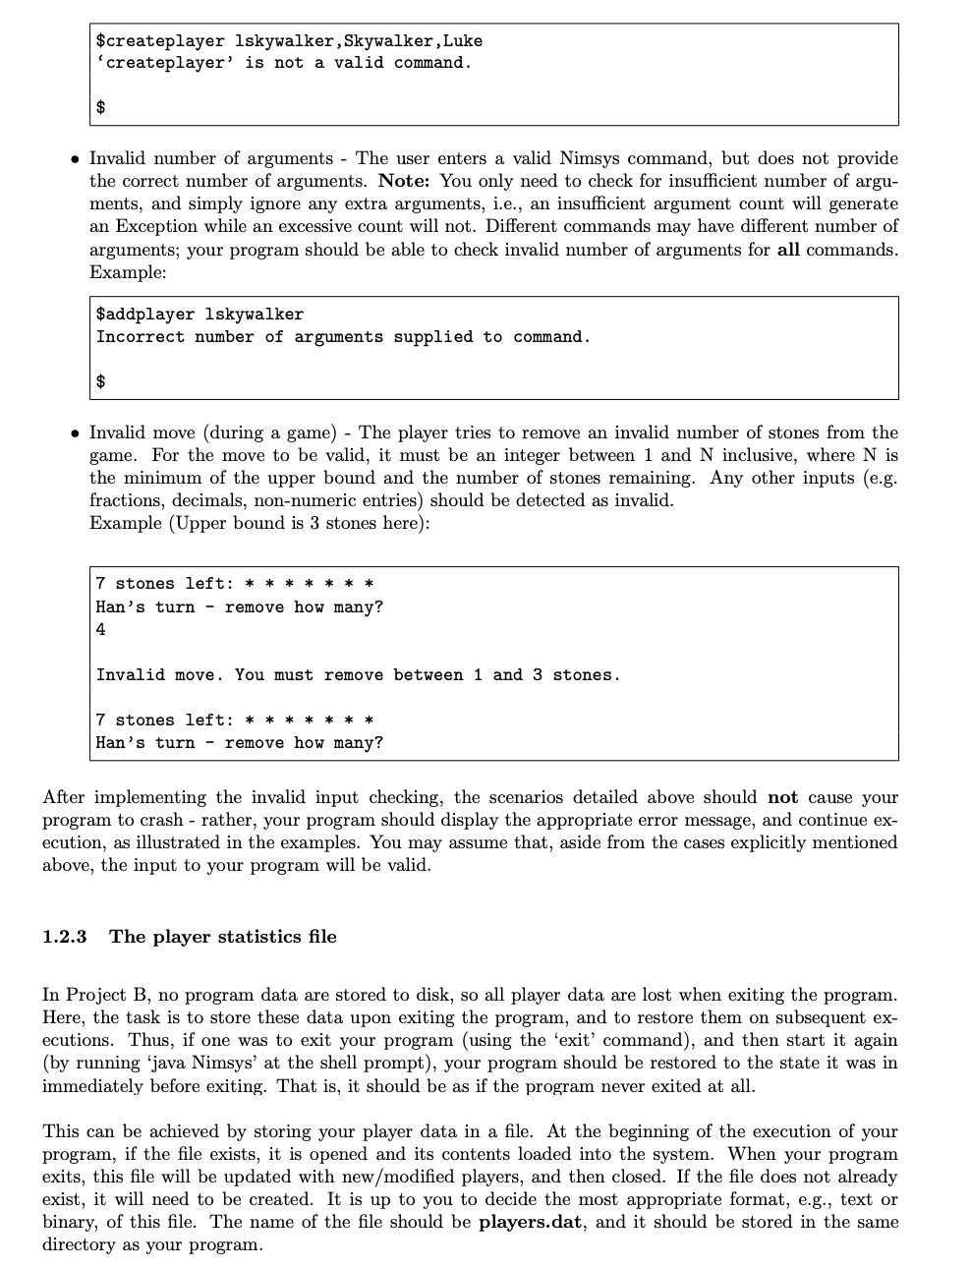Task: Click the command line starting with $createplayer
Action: [x=289, y=41]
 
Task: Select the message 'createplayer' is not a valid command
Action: [x=283, y=63]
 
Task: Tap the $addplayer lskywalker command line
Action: [x=200, y=315]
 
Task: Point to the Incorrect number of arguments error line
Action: [x=343, y=337]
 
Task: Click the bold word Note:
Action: [x=405, y=181]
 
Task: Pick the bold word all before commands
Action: [x=787, y=249]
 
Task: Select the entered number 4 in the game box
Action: [x=101, y=630]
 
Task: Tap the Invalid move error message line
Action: [x=358, y=675]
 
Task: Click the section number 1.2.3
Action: [x=64, y=937]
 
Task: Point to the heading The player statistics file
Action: [x=223, y=937]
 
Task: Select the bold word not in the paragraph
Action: [x=782, y=797]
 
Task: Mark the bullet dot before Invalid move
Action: [x=75, y=433]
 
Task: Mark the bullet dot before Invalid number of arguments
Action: [x=75, y=159]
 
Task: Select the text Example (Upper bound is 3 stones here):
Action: [x=259, y=523]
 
